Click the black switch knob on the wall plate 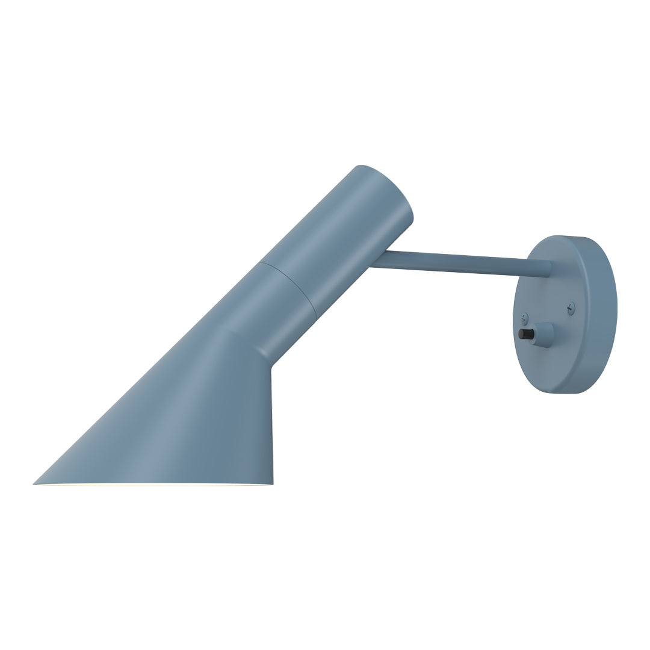525,334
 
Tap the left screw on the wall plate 524,315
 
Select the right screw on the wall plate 571,308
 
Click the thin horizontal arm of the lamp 457,265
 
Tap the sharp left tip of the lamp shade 35,483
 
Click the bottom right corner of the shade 272,483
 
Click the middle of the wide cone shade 181,421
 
